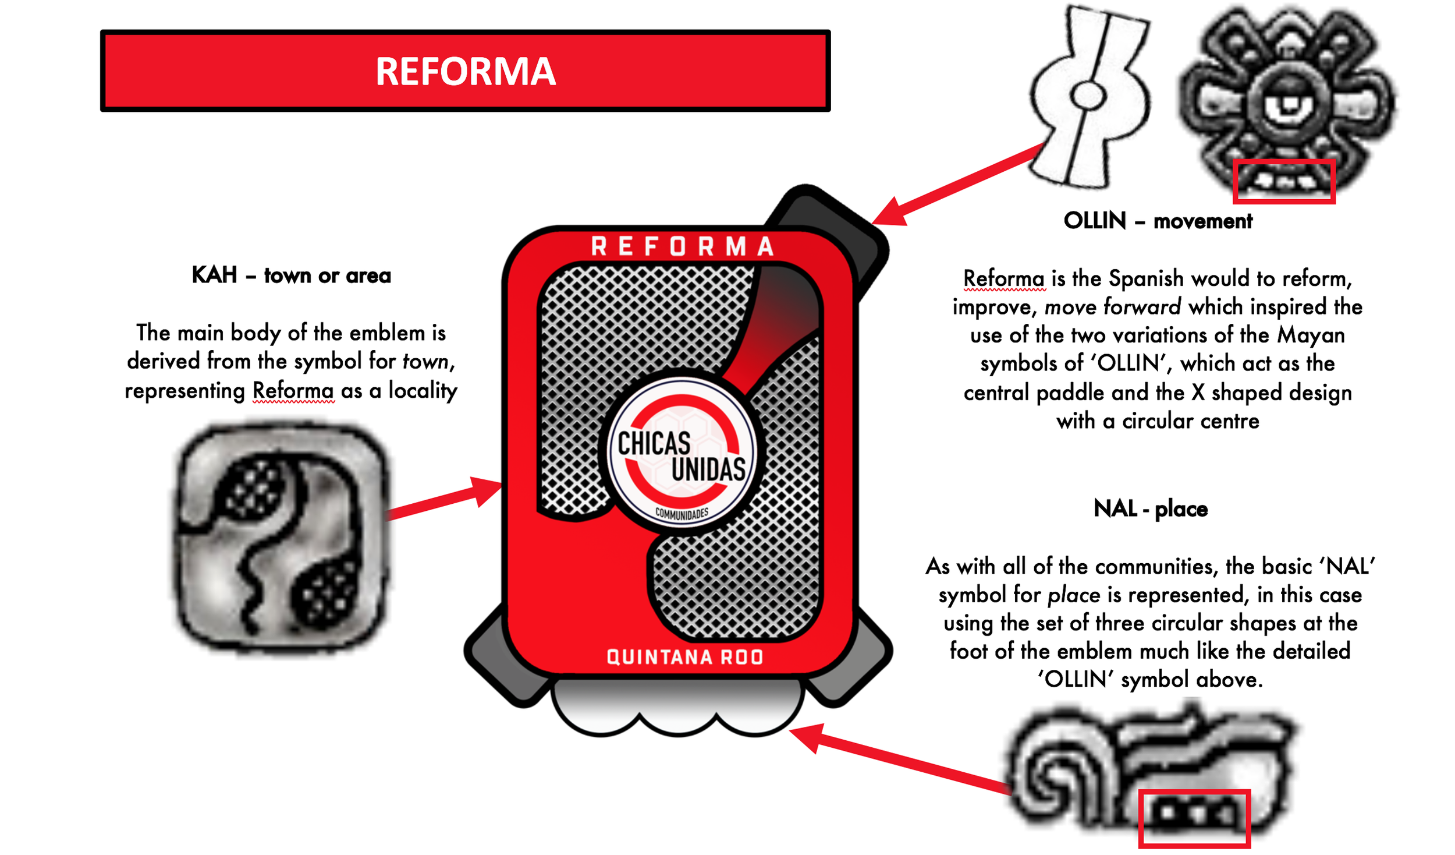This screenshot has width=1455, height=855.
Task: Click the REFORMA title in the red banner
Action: (465, 71)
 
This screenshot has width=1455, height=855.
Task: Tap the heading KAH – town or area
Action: (291, 275)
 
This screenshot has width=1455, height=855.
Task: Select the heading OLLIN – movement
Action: (1157, 221)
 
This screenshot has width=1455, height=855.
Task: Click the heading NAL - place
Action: (1150, 508)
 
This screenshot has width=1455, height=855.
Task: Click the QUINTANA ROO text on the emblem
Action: (684, 656)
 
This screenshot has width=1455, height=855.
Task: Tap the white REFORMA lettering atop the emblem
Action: (682, 246)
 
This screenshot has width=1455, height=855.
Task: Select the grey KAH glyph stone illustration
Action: (282, 539)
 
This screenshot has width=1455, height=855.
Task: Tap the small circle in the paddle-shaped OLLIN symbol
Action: (1087, 96)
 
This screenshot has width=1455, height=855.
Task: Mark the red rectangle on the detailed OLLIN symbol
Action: (1283, 181)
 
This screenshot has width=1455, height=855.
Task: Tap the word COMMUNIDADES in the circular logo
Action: (682, 513)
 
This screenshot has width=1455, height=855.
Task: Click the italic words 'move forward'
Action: (1112, 307)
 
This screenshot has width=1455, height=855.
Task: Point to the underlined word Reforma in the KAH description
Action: (293, 390)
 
